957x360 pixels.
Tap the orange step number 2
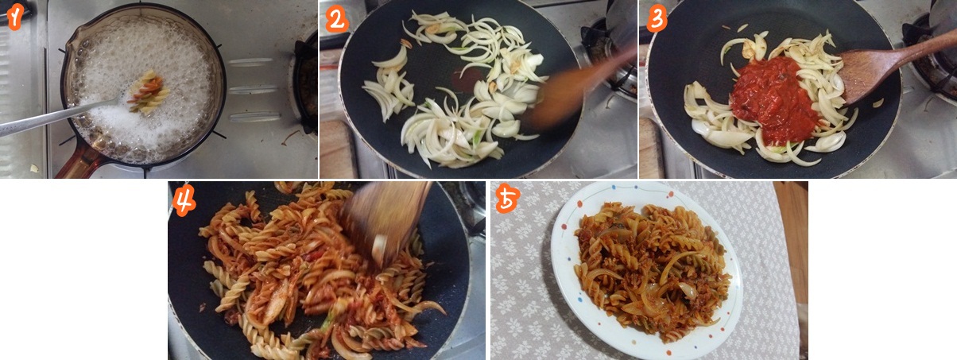pos(337,20)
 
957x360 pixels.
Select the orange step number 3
pos(657,20)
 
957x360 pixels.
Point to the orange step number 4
pos(184,199)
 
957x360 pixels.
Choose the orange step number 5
pos(508,199)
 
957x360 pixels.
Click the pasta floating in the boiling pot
pos(149,92)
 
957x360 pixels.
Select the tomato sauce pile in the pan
pos(774,99)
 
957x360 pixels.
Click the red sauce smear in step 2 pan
pos(469,79)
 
